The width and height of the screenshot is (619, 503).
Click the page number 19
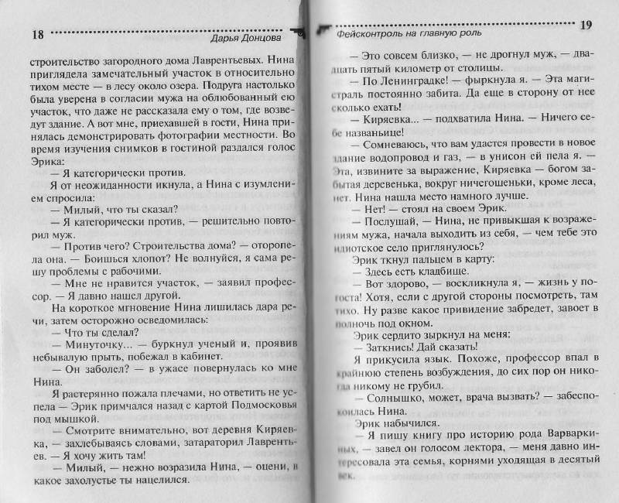(585, 26)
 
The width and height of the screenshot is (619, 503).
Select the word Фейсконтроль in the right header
(374, 33)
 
